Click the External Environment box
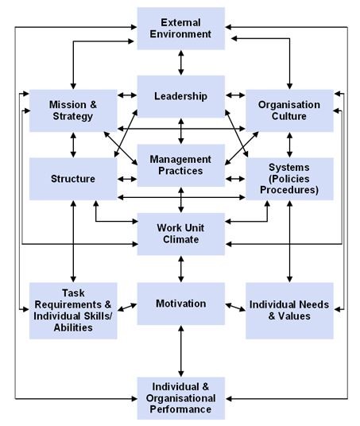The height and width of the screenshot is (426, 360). tap(181, 29)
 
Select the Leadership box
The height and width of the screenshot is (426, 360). tap(181, 96)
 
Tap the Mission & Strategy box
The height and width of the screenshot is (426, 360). tap(73, 110)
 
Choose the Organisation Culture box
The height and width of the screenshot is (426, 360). tap(289, 110)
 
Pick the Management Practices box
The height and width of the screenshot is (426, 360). tap(181, 165)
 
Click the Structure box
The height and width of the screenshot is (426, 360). tap(73, 179)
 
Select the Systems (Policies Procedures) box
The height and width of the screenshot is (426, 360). tap(289, 179)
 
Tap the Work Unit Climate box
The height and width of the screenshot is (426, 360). tap(181, 234)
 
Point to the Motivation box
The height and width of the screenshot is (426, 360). tap(181, 304)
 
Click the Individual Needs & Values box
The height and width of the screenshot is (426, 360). tap(289, 311)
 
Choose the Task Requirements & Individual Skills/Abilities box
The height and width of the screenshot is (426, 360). tap(73, 311)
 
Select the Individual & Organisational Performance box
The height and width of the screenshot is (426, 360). tap(181, 398)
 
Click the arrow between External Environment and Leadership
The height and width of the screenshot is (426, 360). tap(181, 63)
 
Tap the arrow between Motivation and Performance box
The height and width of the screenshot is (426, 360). tap(181, 351)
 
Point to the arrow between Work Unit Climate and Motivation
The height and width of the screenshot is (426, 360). tap(181, 269)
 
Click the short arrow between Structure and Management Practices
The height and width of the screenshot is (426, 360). tap(127, 179)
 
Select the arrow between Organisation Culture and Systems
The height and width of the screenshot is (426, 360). tap(289, 145)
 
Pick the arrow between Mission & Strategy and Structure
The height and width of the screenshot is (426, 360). tap(73, 145)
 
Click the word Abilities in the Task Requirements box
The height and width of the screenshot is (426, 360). tap(73, 327)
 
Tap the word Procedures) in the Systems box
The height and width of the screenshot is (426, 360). tap(289, 190)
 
